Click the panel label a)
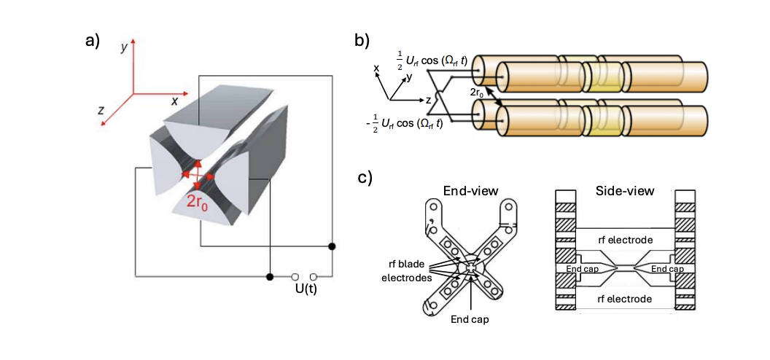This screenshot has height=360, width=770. point(93,41)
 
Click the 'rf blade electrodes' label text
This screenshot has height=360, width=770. point(409,268)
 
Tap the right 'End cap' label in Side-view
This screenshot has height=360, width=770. point(666,269)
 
